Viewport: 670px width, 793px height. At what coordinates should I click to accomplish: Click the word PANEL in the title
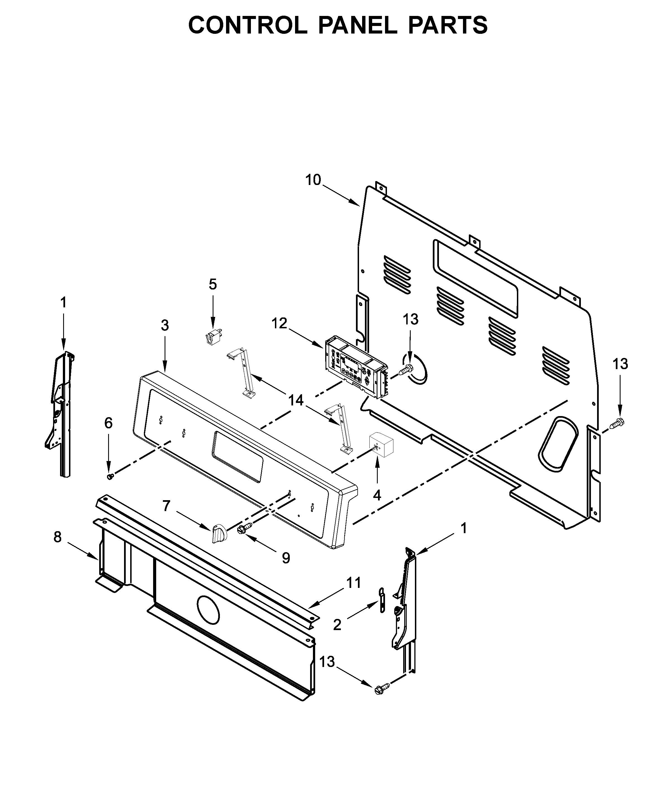click(357, 25)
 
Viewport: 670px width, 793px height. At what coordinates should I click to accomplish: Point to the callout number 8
click(57, 537)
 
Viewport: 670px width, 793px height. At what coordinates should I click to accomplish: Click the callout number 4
click(377, 495)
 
